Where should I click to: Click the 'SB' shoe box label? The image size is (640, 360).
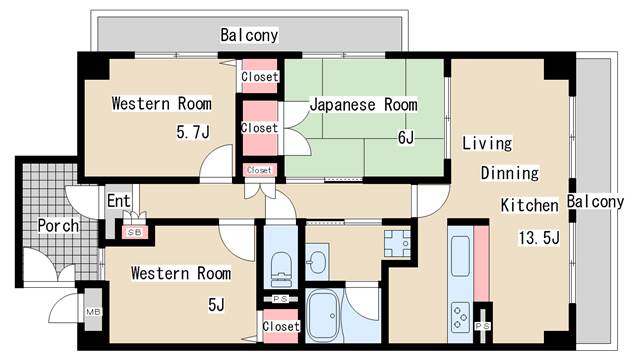click(x=132, y=232)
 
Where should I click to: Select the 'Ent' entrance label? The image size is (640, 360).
click(x=119, y=201)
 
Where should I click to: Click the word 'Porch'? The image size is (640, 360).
click(x=59, y=226)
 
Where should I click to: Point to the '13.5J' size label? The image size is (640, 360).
click(x=539, y=237)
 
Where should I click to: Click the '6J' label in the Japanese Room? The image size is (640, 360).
click(x=405, y=138)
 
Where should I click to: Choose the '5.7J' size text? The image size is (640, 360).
click(x=193, y=130)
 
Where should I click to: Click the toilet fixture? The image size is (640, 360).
click(x=281, y=267)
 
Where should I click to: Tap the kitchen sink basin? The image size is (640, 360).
click(x=462, y=256)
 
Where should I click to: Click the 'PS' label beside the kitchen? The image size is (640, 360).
click(x=484, y=326)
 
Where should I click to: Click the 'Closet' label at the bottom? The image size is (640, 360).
click(x=281, y=326)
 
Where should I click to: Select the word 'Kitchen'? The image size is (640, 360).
click(x=529, y=206)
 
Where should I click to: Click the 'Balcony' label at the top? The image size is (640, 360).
click(x=249, y=35)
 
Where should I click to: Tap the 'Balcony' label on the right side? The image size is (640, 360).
click(x=597, y=202)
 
